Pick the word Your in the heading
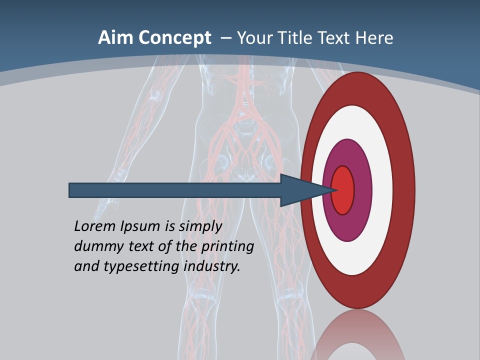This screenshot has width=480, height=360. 254,38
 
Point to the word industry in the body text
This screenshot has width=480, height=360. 212,267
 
